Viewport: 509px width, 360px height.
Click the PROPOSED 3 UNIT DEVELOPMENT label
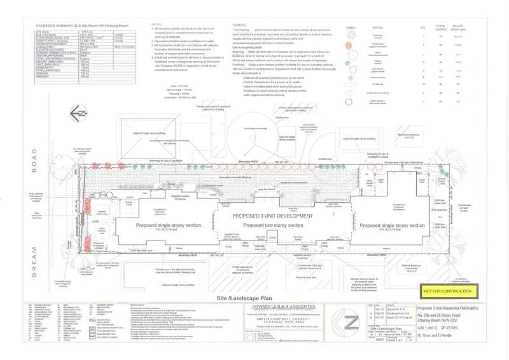[274, 217]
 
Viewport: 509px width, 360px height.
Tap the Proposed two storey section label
[274, 225]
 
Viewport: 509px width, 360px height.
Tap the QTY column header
[422, 28]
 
